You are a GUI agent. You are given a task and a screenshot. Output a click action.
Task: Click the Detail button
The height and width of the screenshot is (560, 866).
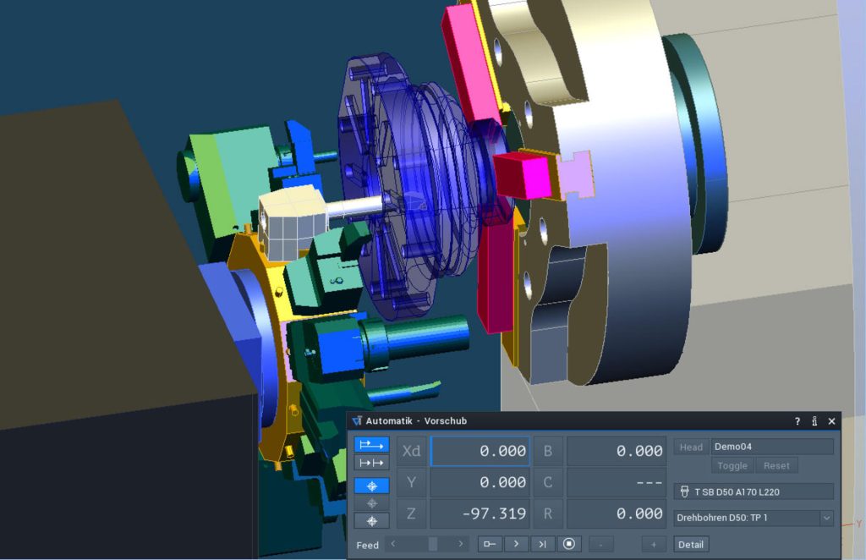coord(690,545)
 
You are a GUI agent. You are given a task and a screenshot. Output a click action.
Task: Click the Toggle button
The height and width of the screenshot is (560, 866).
coord(732,465)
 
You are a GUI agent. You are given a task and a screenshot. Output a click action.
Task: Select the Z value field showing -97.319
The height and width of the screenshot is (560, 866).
coord(480,513)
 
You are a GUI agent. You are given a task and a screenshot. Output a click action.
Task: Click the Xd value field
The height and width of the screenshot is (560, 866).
coord(480,451)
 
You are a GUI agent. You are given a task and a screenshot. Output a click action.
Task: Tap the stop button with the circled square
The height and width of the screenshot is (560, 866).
coord(569,544)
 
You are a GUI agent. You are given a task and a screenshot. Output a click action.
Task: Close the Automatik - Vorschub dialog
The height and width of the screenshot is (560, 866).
coord(832,421)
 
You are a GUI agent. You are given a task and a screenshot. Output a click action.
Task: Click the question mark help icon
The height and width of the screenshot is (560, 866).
coord(797,421)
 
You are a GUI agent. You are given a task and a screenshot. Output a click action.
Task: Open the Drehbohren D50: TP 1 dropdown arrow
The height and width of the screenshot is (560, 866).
coord(826,518)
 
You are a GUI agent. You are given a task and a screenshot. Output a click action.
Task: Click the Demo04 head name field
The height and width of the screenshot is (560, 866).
coord(771,447)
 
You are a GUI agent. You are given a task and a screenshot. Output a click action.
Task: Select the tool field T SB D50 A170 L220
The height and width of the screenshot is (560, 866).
coord(754,491)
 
